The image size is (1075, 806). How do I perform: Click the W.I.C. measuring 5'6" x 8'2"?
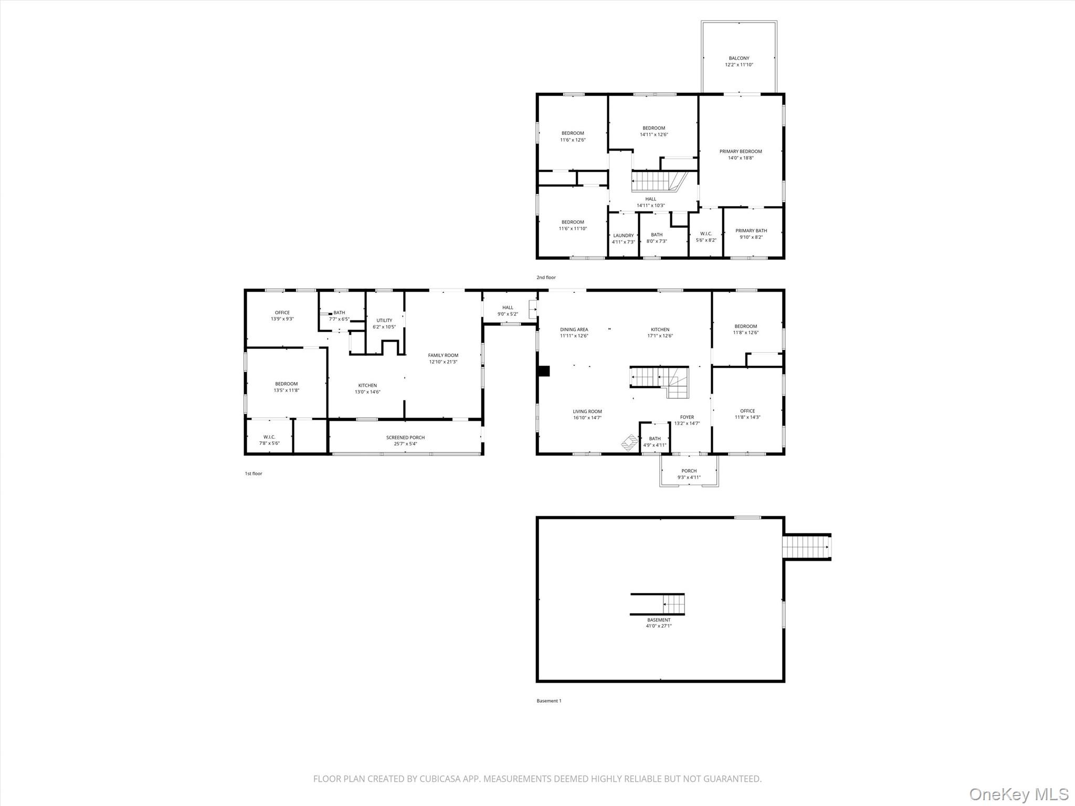point(706,234)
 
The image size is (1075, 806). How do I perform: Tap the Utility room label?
point(384,321)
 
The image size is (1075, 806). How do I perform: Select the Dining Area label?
point(574,330)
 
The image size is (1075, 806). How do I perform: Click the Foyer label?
point(687,417)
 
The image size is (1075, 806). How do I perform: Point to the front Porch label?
point(689,471)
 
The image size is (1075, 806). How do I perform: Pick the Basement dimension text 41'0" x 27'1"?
point(659,626)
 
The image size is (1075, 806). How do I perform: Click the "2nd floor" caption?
point(546,278)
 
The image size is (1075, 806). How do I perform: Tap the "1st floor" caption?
point(254,474)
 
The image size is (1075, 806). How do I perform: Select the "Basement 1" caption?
point(549,701)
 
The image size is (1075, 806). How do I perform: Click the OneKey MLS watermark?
point(1019,793)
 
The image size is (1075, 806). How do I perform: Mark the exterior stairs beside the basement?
point(807,547)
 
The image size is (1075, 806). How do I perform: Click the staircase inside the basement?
point(658,604)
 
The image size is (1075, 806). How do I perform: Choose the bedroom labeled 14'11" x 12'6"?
point(654,131)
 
